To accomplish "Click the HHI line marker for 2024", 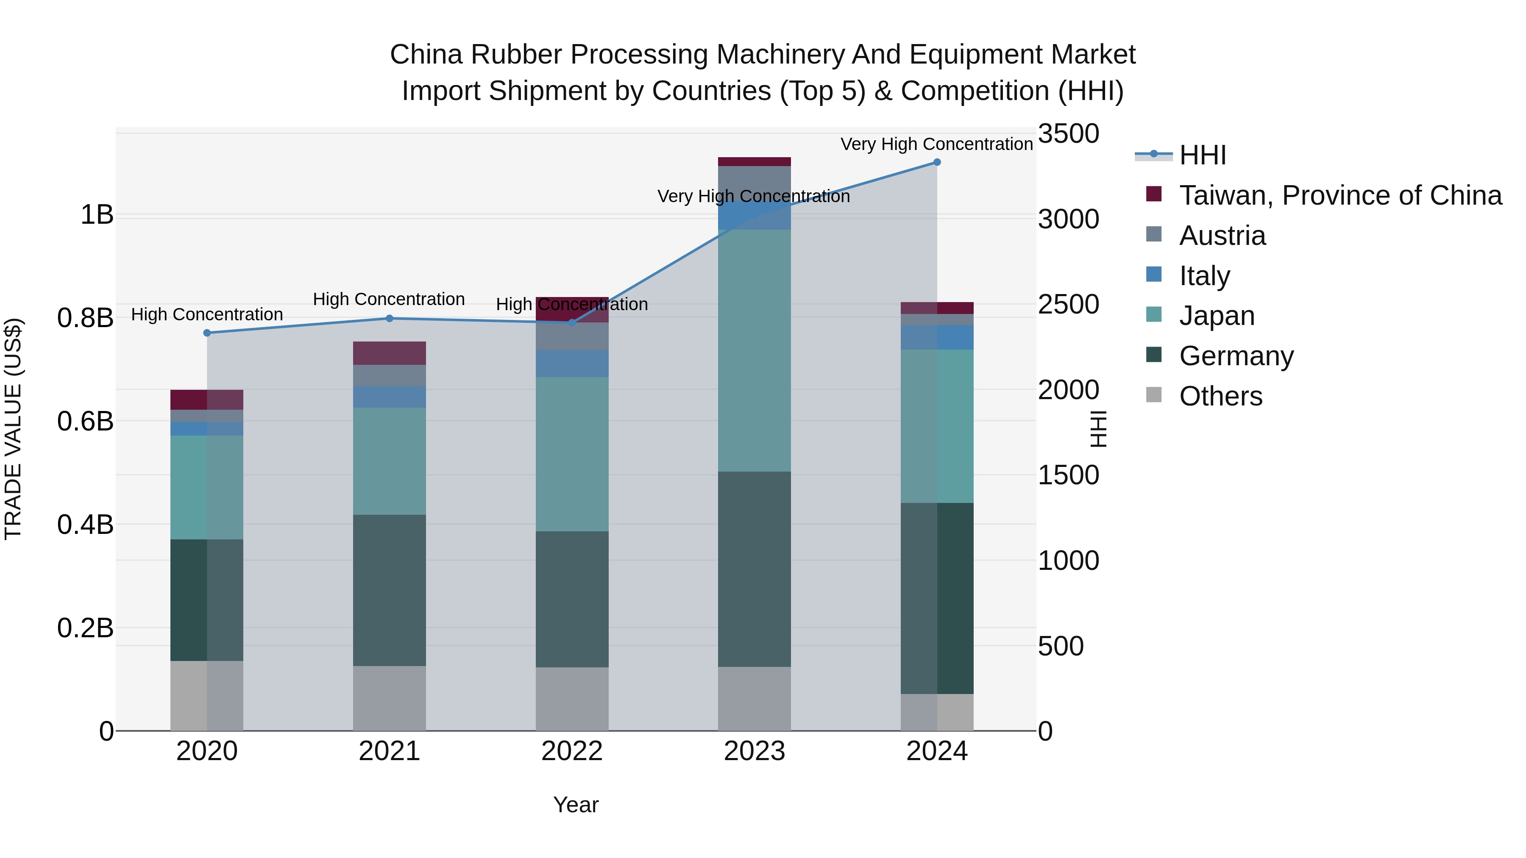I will coord(936,162).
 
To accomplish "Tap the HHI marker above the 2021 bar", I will coord(389,319).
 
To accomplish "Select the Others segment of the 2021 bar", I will coord(389,698).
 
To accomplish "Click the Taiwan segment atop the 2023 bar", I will coord(754,162).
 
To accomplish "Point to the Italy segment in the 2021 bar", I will coord(389,397).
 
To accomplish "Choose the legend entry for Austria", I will coord(1222,236).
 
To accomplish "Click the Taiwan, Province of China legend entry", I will coord(1340,195).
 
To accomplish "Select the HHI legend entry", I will coord(1203,155).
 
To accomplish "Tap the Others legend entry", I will coord(1220,396).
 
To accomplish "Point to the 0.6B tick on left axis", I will coord(85,422).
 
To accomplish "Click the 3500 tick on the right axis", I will coord(1068,134).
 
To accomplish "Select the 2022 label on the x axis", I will coord(572,751).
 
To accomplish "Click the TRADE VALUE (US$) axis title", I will coord(13,429).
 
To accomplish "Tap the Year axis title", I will coord(576,805).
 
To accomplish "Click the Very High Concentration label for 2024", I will coord(936,144).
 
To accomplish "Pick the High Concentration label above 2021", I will coord(389,299).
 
